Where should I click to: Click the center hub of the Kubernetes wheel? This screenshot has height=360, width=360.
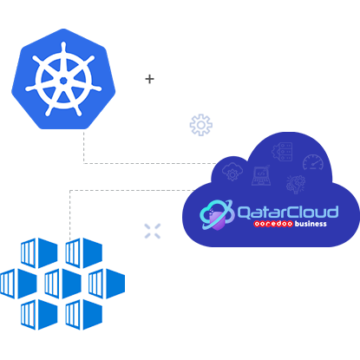pyautogui.click(x=63, y=81)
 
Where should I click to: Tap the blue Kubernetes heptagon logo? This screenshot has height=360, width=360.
pyautogui.click(x=63, y=79)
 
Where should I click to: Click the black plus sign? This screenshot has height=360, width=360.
pyautogui.click(x=149, y=79)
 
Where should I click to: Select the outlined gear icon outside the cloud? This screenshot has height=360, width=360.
pyautogui.click(x=201, y=125)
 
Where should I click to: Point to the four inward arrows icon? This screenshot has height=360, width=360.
pyautogui.click(x=153, y=231)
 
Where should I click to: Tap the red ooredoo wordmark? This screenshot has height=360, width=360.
pyautogui.click(x=273, y=224)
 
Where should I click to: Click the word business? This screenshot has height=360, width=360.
pyautogui.click(x=311, y=224)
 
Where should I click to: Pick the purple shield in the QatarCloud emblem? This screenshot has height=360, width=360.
pyautogui.click(x=216, y=219)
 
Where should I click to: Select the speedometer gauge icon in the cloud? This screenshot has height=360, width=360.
pyautogui.click(x=313, y=162)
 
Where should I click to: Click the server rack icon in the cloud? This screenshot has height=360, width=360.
pyautogui.click(x=283, y=151)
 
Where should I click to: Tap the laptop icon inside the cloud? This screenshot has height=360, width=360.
pyautogui.click(x=261, y=175)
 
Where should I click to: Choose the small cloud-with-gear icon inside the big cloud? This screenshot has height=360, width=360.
pyautogui.click(x=232, y=172)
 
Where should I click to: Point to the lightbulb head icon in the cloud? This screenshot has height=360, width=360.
pyautogui.click(x=296, y=184)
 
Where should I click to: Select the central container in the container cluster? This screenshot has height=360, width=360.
pyautogui.click(x=63, y=284)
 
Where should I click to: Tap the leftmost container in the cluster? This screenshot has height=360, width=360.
pyautogui.click(x=18, y=284)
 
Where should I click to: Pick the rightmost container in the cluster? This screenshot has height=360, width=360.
pyautogui.click(x=107, y=284)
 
